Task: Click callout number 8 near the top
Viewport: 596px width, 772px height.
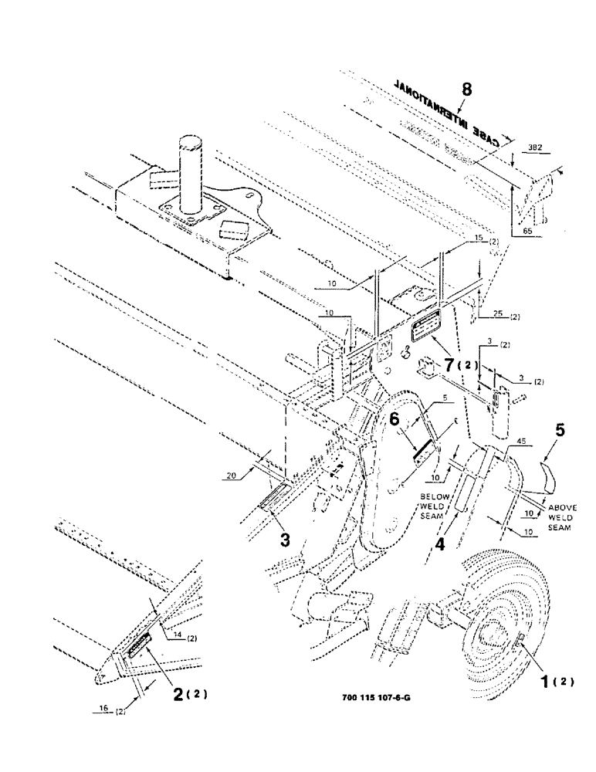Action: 466,90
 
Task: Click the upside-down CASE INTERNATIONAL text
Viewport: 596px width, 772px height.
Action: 450,110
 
